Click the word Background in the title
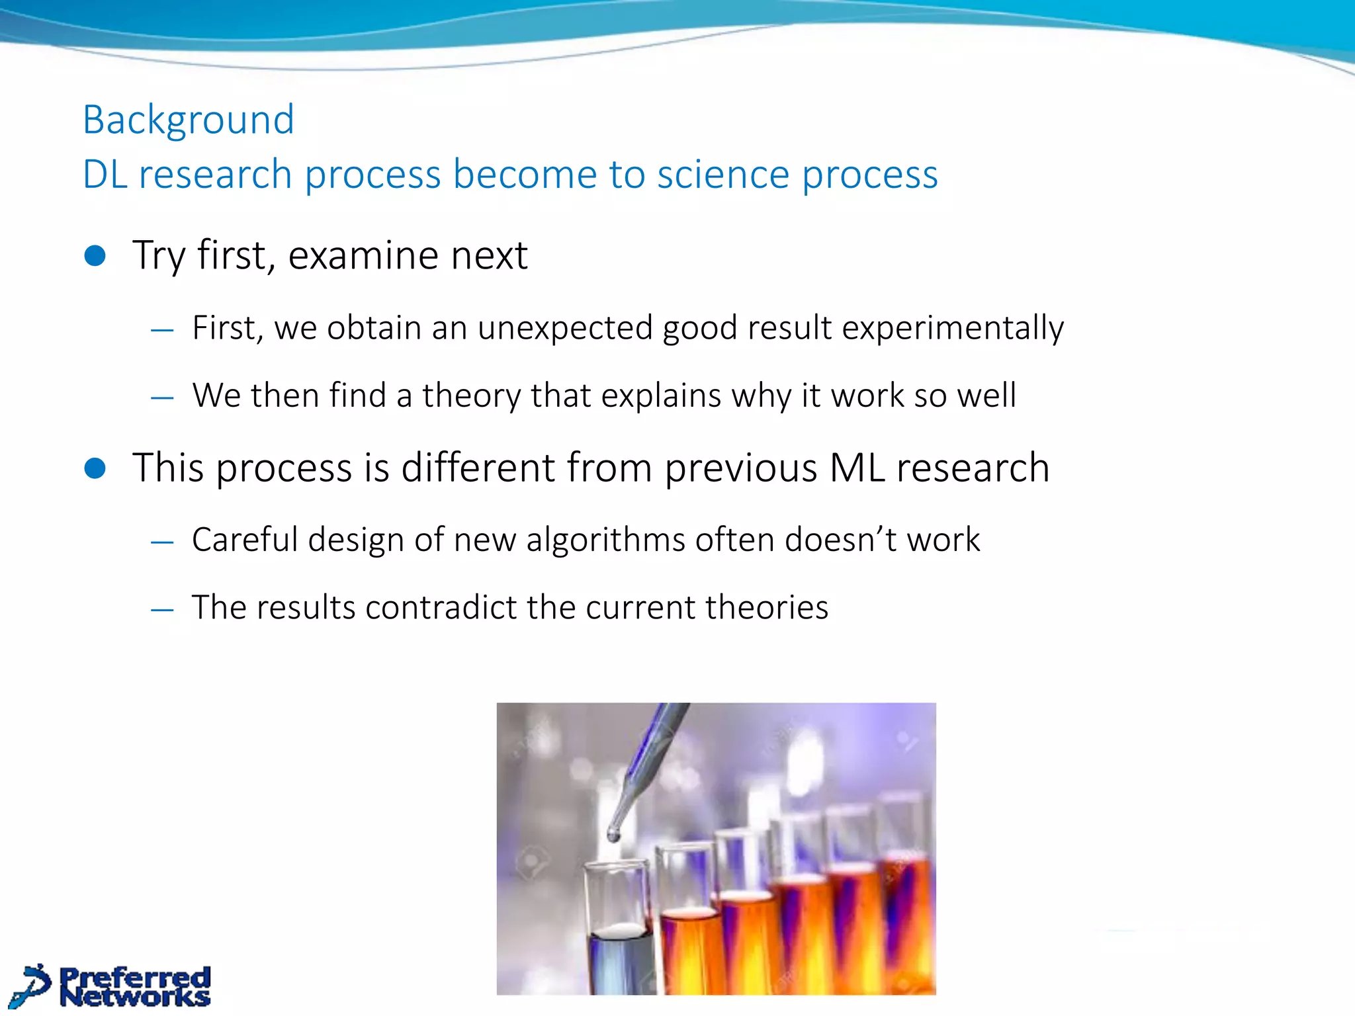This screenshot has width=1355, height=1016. click(x=189, y=120)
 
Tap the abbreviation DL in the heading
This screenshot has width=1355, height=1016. click(x=105, y=175)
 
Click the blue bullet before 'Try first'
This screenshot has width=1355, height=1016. click(x=95, y=256)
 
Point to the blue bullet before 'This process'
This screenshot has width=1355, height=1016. click(x=95, y=468)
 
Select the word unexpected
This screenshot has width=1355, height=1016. click(x=565, y=328)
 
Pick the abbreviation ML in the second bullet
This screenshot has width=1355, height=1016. click(x=857, y=468)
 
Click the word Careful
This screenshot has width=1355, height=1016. click(x=244, y=540)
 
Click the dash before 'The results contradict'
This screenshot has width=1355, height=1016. click(x=162, y=609)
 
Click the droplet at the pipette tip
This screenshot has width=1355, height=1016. click(x=613, y=835)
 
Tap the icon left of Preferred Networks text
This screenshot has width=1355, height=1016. click(x=31, y=986)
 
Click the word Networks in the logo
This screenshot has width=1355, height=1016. click(x=136, y=996)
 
